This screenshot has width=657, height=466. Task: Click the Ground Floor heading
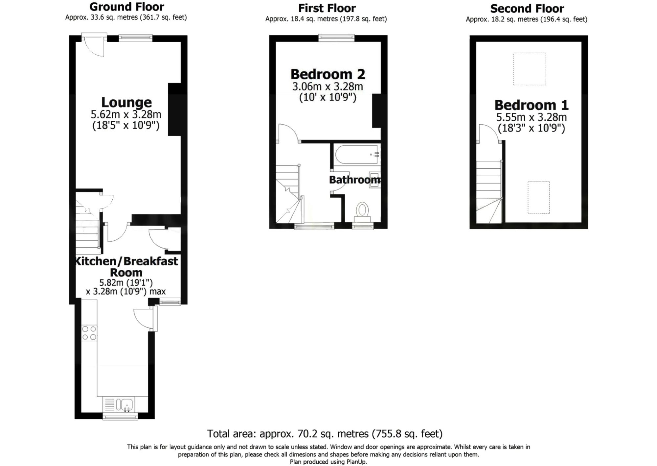click(x=126, y=7)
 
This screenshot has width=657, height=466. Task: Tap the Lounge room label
click(x=126, y=102)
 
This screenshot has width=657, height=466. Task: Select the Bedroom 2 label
click(x=328, y=74)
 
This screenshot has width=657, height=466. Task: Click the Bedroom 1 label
click(x=531, y=105)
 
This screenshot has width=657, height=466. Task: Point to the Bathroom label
click(x=354, y=180)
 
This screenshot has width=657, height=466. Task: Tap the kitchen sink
click(x=126, y=404)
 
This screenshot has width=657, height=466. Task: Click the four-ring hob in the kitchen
click(x=89, y=333)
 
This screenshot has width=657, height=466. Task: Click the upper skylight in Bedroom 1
click(x=530, y=69)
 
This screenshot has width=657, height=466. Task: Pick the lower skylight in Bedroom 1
click(x=538, y=197)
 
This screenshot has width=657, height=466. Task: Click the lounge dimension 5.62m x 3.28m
click(x=126, y=115)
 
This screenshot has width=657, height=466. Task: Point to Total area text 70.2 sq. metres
click(x=325, y=434)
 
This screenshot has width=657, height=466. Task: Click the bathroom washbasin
click(x=374, y=180)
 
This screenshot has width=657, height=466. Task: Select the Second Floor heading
click(x=527, y=9)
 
